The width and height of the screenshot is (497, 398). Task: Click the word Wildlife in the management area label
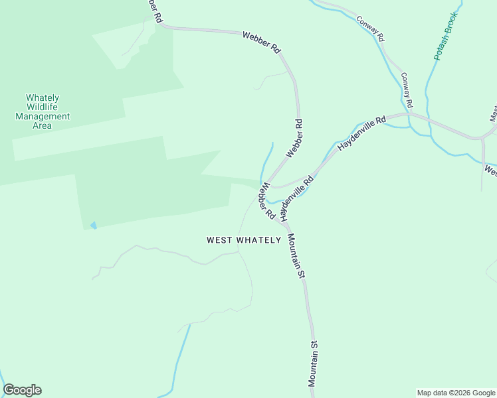click(43, 107)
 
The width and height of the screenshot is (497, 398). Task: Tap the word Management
click(43, 116)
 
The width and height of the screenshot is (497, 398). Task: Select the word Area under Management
click(43, 125)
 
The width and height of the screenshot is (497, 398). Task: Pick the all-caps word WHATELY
click(260, 240)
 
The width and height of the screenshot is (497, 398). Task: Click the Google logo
click(22, 390)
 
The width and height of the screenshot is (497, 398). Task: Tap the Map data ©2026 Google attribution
click(456, 393)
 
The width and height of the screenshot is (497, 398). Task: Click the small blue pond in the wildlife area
click(93, 226)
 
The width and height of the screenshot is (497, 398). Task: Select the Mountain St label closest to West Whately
click(296, 256)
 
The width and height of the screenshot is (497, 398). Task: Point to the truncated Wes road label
click(490, 171)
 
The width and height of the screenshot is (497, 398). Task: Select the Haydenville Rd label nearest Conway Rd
click(361, 133)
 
